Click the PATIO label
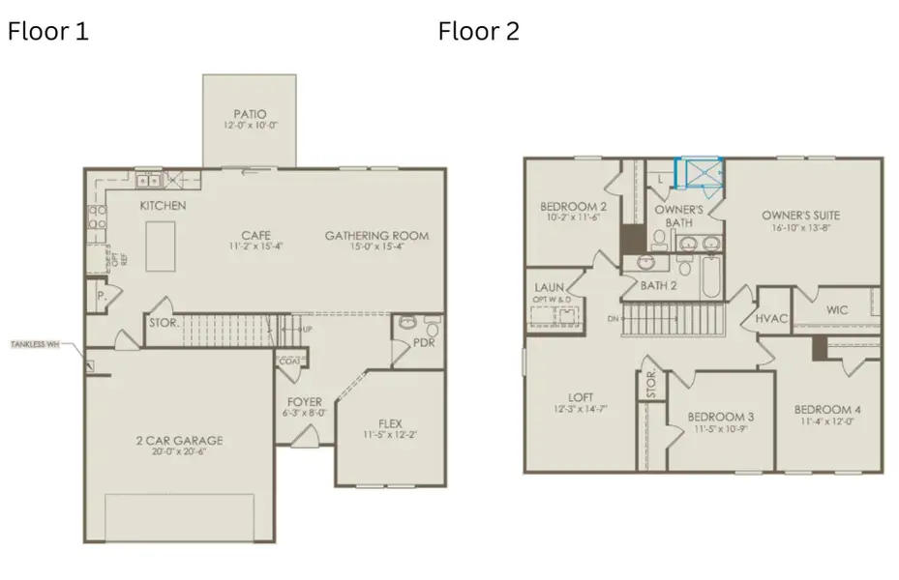click(x=250, y=113)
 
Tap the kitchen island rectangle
click(x=161, y=246)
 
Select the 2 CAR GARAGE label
click(x=179, y=441)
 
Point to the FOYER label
click(x=305, y=401)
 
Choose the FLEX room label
click(x=390, y=423)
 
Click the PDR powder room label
click(x=423, y=342)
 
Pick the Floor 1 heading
click(x=48, y=32)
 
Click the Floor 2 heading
click(x=479, y=32)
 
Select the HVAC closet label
click(x=771, y=319)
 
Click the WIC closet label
click(x=837, y=311)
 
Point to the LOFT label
click(x=581, y=396)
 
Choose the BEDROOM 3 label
click(x=721, y=417)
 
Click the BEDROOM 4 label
click(x=830, y=409)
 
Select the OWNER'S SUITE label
click(x=800, y=215)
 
